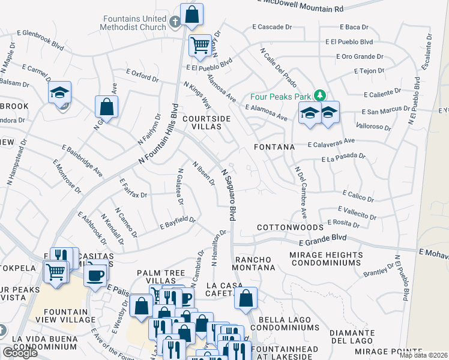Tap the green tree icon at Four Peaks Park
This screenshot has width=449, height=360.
(321, 95)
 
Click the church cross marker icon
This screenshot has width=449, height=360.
(175, 22)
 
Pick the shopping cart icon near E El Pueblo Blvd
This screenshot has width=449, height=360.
(200, 44)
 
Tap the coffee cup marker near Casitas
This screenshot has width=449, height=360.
(95, 275)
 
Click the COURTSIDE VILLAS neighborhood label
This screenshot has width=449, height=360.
(206, 123)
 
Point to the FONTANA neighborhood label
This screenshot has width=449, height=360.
(276, 146)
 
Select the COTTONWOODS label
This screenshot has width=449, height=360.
(290, 228)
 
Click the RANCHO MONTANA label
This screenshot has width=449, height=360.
(257, 265)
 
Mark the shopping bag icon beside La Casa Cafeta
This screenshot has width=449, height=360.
(246, 298)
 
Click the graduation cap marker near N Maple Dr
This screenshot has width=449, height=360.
(60, 92)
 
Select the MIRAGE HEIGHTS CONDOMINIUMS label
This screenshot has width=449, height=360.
(326, 260)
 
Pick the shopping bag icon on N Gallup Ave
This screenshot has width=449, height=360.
(106, 107)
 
